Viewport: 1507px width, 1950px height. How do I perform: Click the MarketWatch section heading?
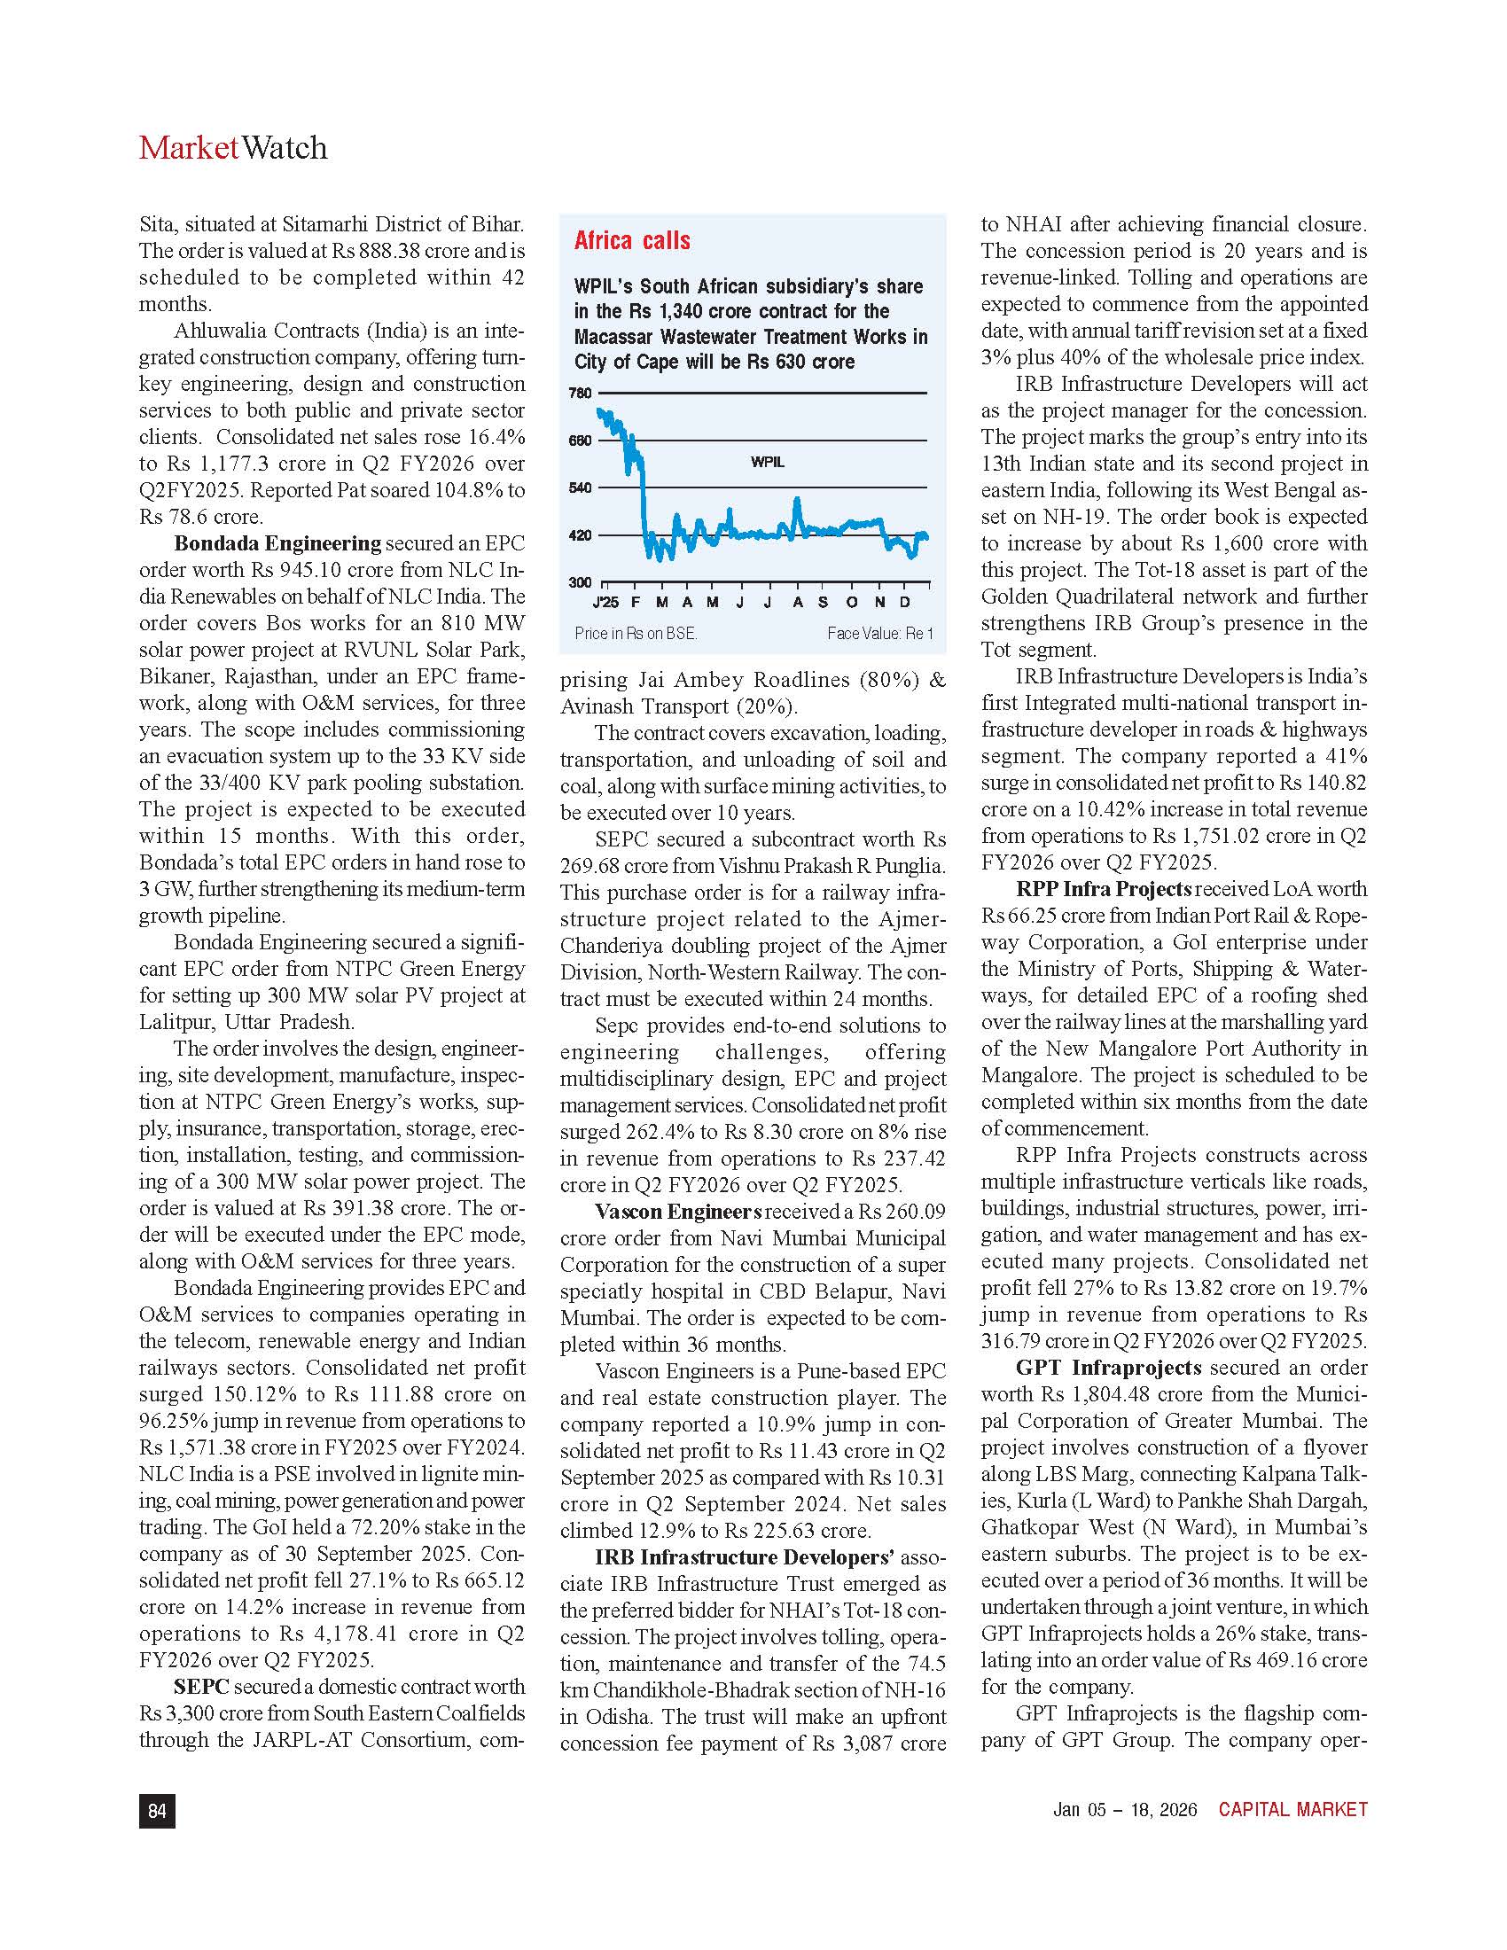pyautogui.click(x=233, y=147)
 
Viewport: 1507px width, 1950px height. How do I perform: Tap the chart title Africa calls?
pyautogui.click(x=632, y=240)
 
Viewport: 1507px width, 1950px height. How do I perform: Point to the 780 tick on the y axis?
pyautogui.click(x=581, y=393)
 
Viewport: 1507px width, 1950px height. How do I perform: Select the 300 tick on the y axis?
pyautogui.click(x=581, y=582)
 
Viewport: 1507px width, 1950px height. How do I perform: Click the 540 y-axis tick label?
pyautogui.click(x=581, y=487)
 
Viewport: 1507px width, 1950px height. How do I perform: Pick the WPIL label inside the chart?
pyautogui.click(x=767, y=462)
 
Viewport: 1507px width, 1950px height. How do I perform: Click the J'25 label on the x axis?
pyautogui.click(x=605, y=603)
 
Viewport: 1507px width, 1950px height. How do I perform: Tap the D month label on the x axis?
pyautogui.click(x=904, y=603)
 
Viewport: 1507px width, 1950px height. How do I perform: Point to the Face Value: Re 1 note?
pyautogui.click(x=879, y=633)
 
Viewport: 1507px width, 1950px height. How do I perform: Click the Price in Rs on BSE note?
pyautogui.click(x=636, y=633)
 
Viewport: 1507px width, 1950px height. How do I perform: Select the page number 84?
pyautogui.click(x=157, y=1811)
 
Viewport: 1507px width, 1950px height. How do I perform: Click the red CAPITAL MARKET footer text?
pyautogui.click(x=1292, y=1810)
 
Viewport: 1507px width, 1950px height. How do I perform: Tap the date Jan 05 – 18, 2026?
pyautogui.click(x=1125, y=1810)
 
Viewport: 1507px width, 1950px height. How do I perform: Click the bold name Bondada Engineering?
pyautogui.click(x=277, y=542)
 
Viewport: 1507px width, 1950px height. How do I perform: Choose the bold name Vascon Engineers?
pyautogui.click(x=678, y=1212)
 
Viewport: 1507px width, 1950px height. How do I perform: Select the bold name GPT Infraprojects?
pyautogui.click(x=1108, y=1367)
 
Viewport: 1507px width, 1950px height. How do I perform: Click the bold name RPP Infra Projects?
pyautogui.click(x=1104, y=888)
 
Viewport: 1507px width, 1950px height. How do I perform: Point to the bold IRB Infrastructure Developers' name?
pyautogui.click(x=745, y=1557)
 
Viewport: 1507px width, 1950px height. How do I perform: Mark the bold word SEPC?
pyautogui.click(x=202, y=1686)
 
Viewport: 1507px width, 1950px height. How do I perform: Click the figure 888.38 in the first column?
pyautogui.click(x=388, y=251)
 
